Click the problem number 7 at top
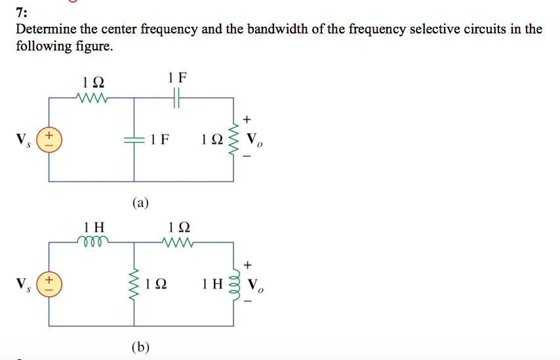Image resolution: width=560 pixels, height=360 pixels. click(20, 12)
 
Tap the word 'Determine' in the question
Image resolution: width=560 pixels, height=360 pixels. click(43, 30)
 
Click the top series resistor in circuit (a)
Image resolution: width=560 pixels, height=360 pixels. click(92, 98)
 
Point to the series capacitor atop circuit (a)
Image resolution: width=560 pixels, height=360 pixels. click(177, 98)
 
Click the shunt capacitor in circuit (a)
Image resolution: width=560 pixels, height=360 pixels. click(134, 140)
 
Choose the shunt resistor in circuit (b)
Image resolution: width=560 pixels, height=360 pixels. click(135, 284)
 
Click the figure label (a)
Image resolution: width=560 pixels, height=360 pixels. click(140, 202)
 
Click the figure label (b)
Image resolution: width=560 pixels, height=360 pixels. click(140, 346)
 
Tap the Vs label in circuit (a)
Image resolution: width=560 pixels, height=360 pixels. click(22, 140)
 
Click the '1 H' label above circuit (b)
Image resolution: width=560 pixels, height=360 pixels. click(94, 227)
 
